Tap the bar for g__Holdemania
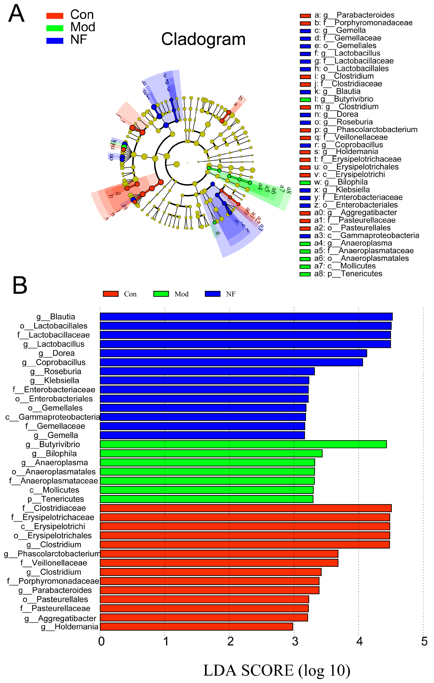click(x=196, y=627)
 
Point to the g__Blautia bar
click(x=246, y=316)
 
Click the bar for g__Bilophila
click(x=211, y=453)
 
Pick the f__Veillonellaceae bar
click(x=219, y=563)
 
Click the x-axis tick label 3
click(x=295, y=641)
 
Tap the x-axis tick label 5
click(x=424, y=641)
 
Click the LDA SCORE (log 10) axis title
click(x=277, y=670)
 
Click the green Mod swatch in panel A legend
click(x=55, y=28)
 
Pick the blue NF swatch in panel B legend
click(x=212, y=294)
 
